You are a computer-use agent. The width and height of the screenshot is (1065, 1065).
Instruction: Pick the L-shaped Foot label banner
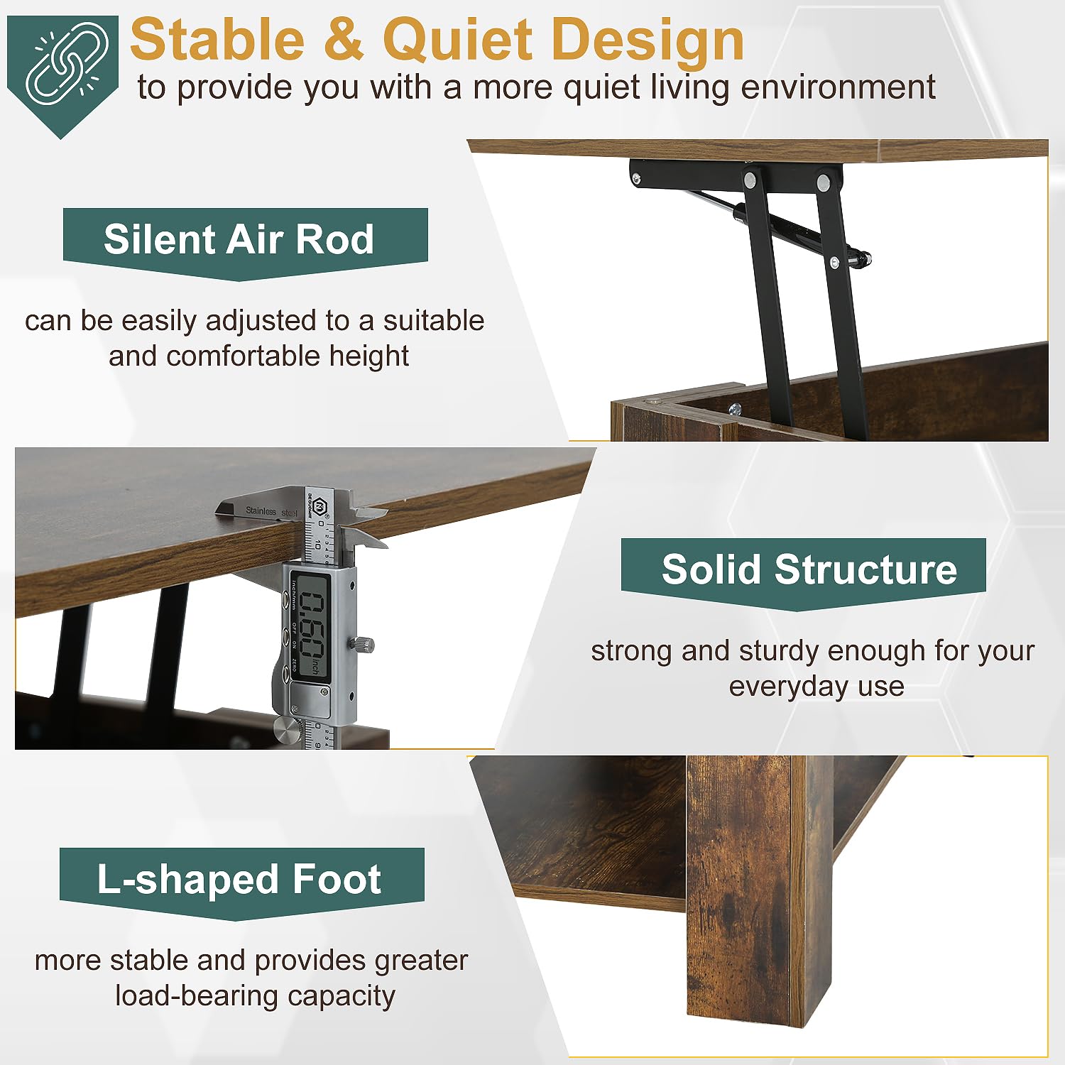pyautogui.click(x=241, y=880)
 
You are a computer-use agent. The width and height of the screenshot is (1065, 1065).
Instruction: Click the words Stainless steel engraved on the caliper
pyautogui.click(x=272, y=511)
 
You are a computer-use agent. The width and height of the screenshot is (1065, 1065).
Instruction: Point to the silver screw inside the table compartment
pyautogui.click(x=734, y=409)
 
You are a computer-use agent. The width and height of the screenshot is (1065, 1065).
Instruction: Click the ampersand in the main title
pyautogui.click(x=345, y=40)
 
